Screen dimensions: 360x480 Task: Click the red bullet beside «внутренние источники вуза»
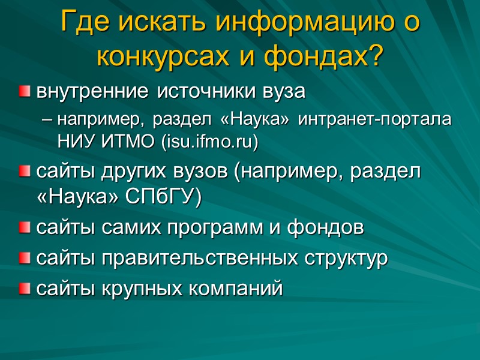click(x=24, y=92)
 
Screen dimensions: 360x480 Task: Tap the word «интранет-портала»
click(x=375, y=120)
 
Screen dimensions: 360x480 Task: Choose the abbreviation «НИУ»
click(x=73, y=142)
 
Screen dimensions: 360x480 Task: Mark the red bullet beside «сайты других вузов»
click(x=24, y=174)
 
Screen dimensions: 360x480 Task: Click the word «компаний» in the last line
click(x=233, y=290)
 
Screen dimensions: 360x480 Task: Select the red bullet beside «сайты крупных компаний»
click(x=24, y=290)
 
